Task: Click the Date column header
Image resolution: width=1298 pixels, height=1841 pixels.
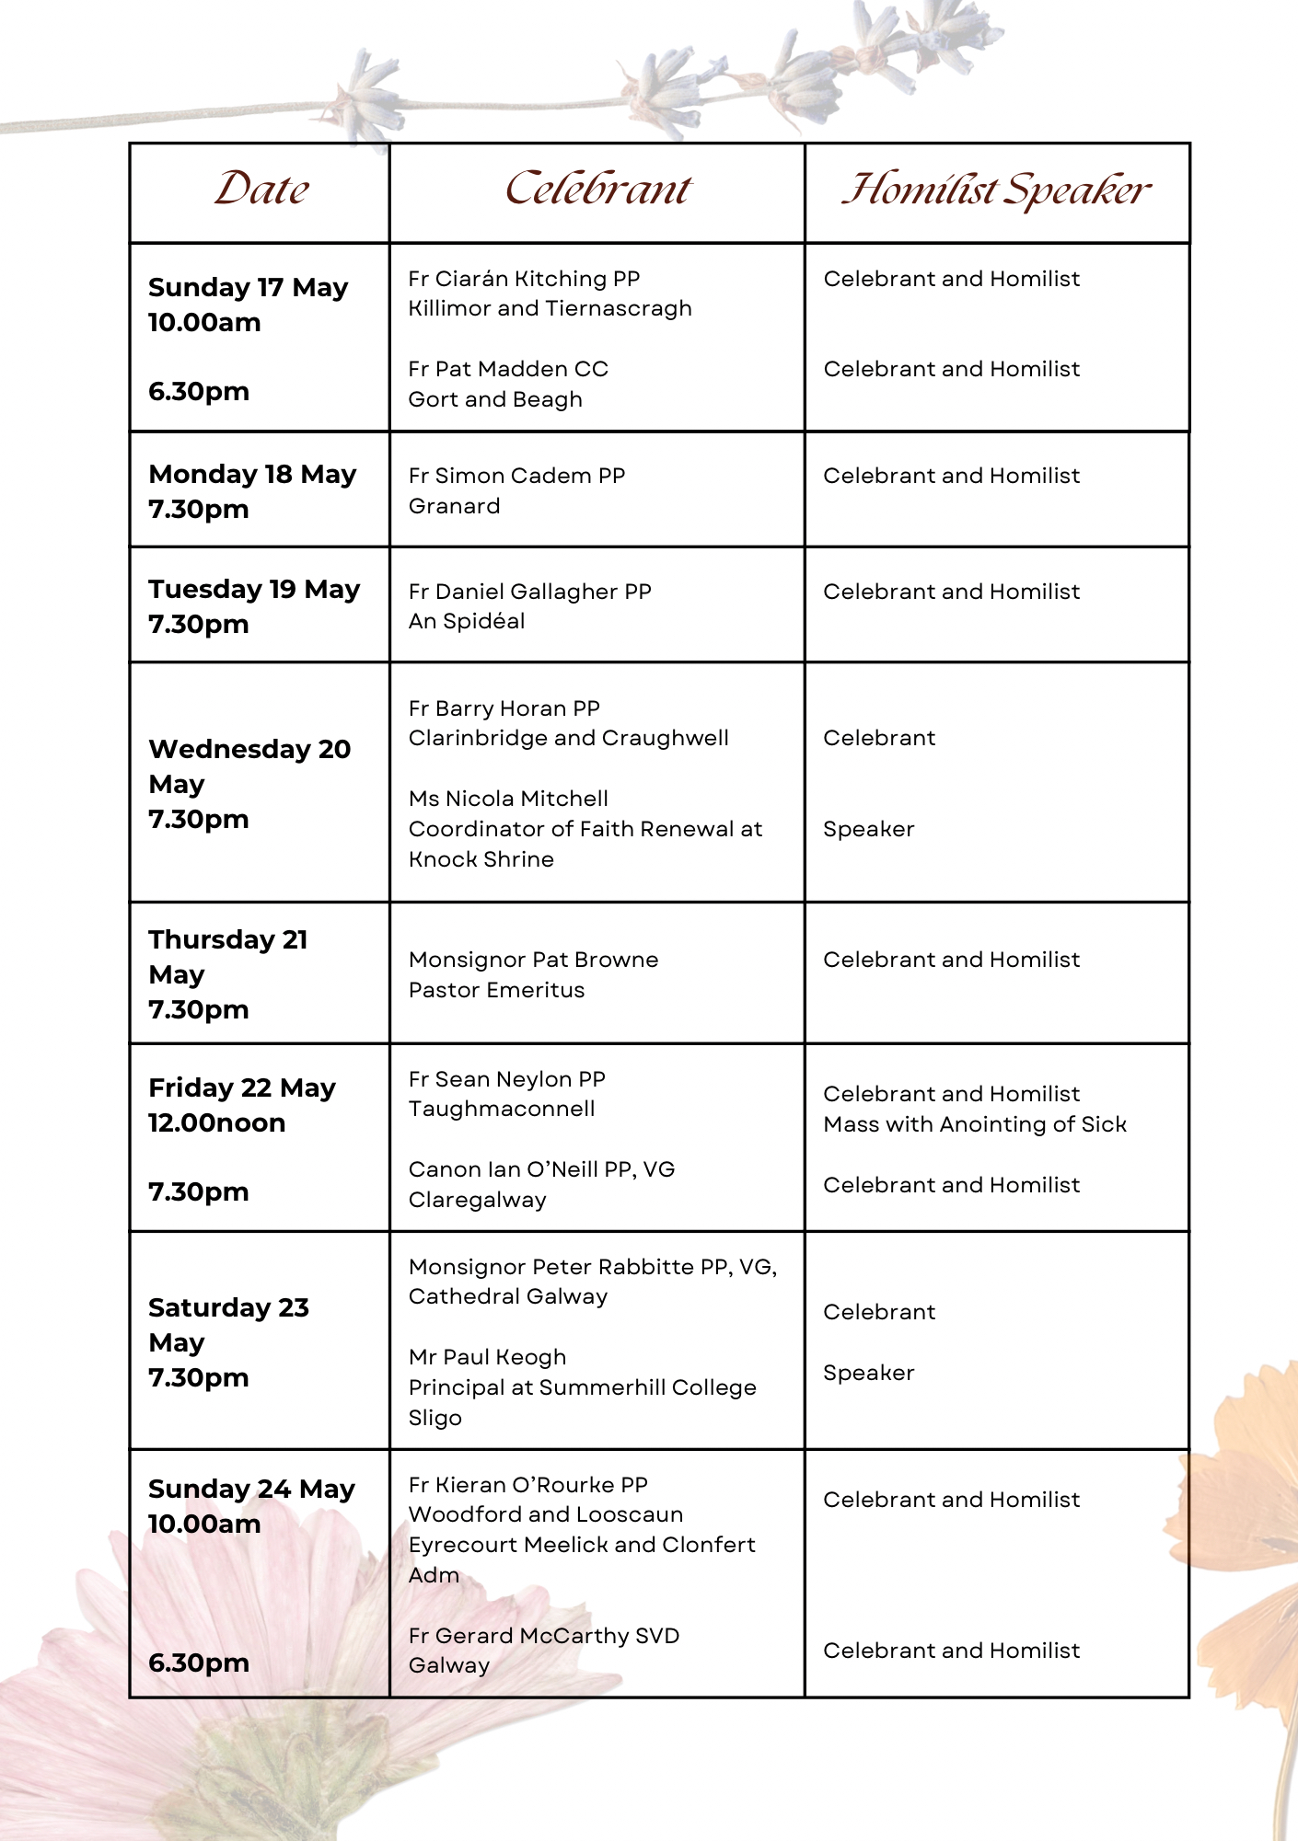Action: (261, 190)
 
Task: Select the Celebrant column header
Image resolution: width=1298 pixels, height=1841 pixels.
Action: (597, 190)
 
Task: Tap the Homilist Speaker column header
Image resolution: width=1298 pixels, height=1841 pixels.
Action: (996, 190)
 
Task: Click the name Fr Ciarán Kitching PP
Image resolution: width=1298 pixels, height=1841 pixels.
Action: (524, 279)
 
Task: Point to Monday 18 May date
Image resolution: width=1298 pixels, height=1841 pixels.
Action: (252, 475)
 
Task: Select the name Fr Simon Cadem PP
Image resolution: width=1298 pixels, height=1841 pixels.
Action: (516, 476)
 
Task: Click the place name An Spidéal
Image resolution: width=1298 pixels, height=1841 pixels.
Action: (467, 622)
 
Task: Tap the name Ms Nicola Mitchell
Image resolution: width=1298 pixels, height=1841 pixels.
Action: (508, 799)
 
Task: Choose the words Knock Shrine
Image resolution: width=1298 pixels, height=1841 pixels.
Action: (481, 859)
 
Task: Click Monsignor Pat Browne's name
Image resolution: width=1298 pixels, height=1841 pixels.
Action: (533, 960)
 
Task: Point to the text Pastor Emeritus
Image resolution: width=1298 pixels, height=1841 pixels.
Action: (496, 990)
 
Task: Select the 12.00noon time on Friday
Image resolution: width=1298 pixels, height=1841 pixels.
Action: (217, 1123)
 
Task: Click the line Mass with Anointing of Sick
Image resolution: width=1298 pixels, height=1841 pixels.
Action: (975, 1124)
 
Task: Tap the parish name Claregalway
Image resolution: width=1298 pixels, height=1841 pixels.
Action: (477, 1200)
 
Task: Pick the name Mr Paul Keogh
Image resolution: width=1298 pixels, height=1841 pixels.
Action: (487, 1357)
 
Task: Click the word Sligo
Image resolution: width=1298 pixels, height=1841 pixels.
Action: (435, 1418)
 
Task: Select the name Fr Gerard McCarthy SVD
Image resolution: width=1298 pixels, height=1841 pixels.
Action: (544, 1636)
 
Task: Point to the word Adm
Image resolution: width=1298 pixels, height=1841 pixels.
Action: (434, 1575)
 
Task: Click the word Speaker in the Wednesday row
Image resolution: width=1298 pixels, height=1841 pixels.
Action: (868, 829)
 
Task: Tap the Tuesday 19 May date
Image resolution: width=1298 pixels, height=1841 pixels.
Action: (254, 590)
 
